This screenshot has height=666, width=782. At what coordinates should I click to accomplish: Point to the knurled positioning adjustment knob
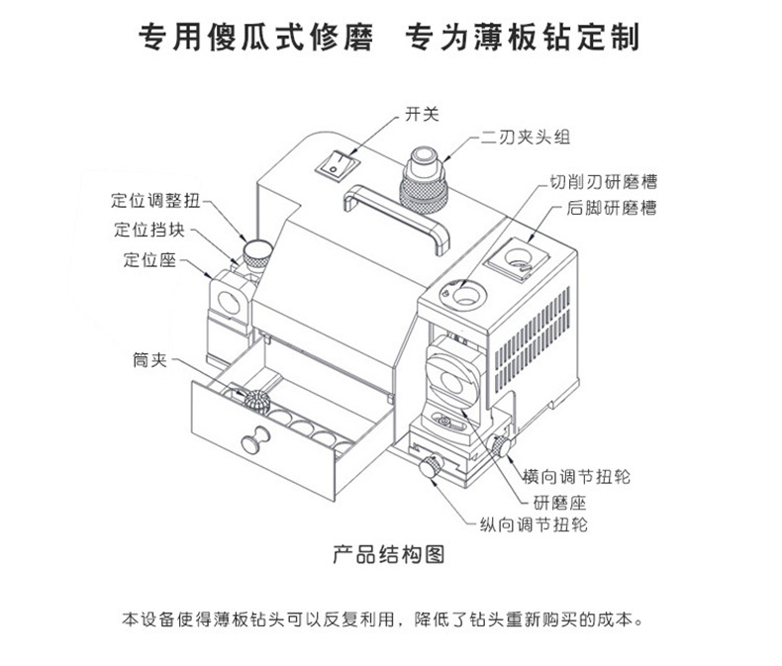point(257,252)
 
